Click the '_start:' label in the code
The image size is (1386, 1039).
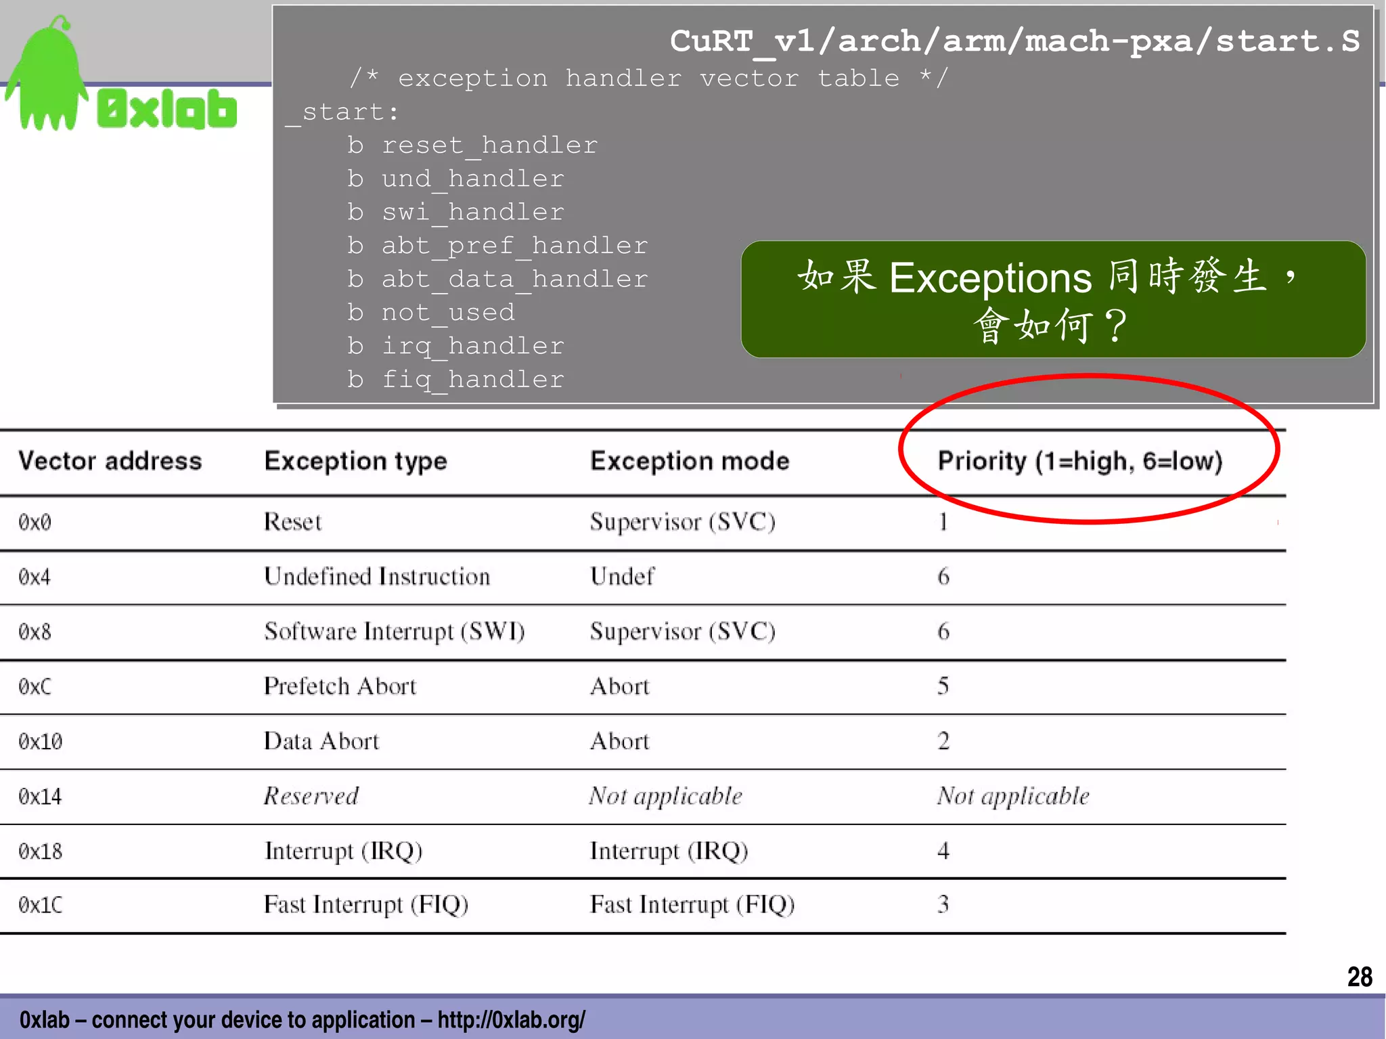click(342, 112)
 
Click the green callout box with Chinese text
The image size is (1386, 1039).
click(1052, 299)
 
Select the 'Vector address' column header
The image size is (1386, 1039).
click(110, 461)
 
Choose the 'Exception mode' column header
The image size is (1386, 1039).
click(690, 461)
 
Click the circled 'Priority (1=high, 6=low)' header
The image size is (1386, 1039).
click(1079, 461)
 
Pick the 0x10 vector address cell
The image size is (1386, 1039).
click(41, 742)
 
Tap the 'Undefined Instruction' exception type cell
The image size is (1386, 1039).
click(377, 577)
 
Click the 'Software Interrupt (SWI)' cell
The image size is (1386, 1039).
click(395, 632)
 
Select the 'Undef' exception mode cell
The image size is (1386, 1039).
click(622, 577)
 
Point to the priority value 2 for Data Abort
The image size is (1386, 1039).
click(943, 741)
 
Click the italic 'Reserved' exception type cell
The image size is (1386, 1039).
click(311, 796)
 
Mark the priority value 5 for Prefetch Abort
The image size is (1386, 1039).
click(943, 686)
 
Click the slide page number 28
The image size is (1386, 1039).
click(1359, 977)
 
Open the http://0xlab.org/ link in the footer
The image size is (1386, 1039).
click(511, 1019)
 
